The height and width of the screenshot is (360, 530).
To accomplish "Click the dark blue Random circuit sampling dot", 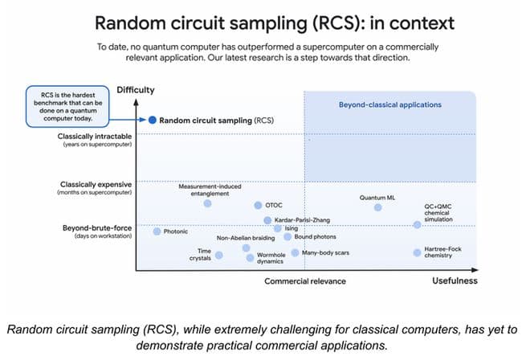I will [x=151, y=120].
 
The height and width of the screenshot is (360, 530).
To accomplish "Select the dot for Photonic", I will [x=157, y=231].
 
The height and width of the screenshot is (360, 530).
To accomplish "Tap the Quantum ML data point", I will [x=378, y=207].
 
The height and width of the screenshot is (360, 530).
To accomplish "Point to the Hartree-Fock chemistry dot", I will [x=417, y=252].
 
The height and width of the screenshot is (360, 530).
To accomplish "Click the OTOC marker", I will [x=258, y=205].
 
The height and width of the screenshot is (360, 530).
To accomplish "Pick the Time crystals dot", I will [x=219, y=256].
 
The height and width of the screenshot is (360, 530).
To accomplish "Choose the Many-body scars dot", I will [x=296, y=252].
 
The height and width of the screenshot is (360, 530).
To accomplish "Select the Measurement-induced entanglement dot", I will [x=207, y=203].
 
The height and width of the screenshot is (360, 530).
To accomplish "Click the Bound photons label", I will [x=316, y=237].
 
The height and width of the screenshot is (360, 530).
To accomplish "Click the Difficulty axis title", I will [x=135, y=89].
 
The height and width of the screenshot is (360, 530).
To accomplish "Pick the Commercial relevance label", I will [x=305, y=281].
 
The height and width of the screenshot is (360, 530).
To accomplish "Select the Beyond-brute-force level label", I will [x=97, y=227].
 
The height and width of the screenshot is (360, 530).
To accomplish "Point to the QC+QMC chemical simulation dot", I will [x=417, y=225].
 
